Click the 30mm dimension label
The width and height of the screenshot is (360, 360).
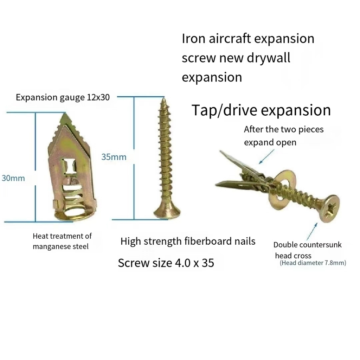[13, 178]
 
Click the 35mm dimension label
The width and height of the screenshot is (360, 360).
[114, 157]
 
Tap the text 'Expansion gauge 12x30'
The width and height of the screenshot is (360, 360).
[63, 98]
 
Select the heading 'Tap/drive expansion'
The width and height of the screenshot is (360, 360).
[261, 110]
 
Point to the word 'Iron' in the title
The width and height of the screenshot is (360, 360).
[193, 39]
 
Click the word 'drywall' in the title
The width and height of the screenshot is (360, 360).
[269, 58]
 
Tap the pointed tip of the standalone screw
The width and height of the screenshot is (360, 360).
[163, 99]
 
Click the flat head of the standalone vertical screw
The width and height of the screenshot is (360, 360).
[167, 212]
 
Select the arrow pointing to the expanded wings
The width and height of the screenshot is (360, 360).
[266, 156]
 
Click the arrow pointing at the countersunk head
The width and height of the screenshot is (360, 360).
[312, 231]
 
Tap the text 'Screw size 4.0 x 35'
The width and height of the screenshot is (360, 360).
[166, 263]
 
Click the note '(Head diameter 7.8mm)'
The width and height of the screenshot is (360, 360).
[313, 263]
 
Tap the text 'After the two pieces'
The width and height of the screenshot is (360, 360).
[284, 129]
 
